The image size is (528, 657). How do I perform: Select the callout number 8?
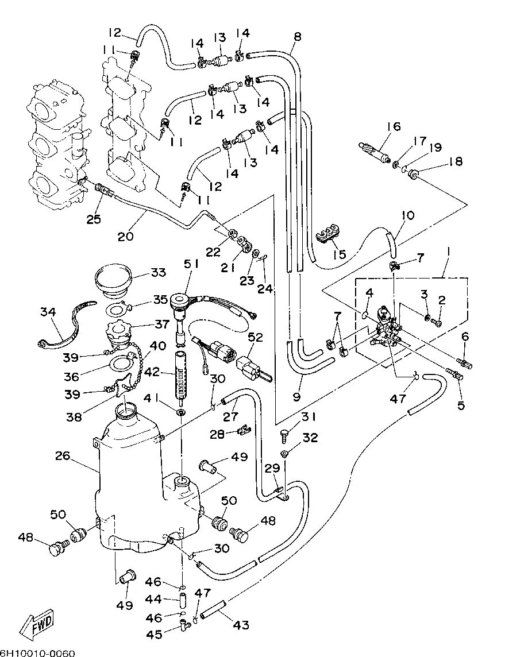pyautogui.click(x=297, y=37)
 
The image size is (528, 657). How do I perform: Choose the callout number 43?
pyautogui.click(x=242, y=624)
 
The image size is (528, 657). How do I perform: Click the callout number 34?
pyautogui.click(x=48, y=312)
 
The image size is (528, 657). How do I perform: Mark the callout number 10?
pyautogui.click(x=407, y=215)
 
